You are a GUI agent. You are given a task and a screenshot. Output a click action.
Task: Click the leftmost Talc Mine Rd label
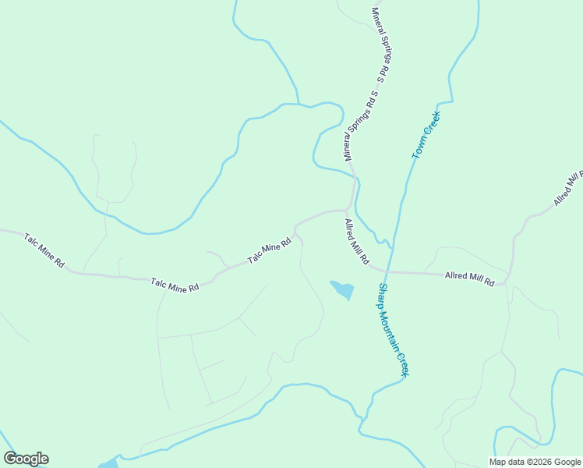click(44, 250)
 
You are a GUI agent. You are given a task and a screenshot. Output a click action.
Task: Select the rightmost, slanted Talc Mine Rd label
click(269, 250)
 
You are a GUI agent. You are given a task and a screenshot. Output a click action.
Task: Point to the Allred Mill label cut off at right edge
click(568, 187)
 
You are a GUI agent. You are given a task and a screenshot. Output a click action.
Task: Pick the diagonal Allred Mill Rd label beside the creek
click(357, 241)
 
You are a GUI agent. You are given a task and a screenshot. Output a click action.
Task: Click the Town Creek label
click(426, 136)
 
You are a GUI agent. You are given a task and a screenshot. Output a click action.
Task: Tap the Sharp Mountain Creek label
click(394, 329)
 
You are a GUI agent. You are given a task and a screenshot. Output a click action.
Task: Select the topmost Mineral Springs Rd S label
click(380, 45)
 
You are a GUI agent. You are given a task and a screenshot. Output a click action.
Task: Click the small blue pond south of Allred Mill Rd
click(342, 290)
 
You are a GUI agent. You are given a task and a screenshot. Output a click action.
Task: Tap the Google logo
click(26, 459)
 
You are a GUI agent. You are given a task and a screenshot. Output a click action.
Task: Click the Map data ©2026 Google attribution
click(535, 462)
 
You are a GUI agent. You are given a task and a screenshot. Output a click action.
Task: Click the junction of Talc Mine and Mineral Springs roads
click(347, 210)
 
